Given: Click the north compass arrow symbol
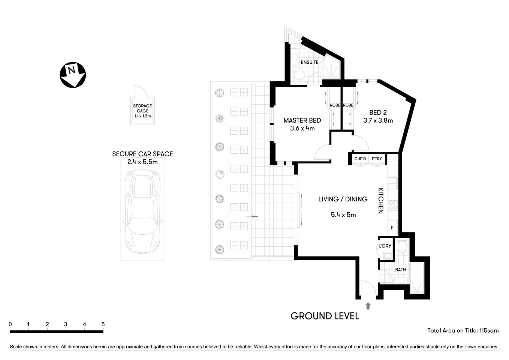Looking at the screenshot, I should [73, 75].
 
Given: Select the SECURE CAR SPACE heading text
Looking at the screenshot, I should [142, 154].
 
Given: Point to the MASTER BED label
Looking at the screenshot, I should [302, 120].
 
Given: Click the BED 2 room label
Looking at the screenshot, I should [378, 112].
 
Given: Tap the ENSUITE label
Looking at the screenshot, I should [310, 62].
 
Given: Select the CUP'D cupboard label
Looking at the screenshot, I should [360, 159].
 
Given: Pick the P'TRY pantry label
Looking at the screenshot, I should [377, 159].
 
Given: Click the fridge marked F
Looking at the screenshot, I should [392, 228].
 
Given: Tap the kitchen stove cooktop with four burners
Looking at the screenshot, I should [392, 205].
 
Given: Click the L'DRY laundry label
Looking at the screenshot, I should [385, 246].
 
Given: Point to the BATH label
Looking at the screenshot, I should [400, 270].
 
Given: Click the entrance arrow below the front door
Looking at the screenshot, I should [368, 306].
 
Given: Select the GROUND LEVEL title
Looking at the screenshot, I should [325, 316].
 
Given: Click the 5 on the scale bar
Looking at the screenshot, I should [103, 324].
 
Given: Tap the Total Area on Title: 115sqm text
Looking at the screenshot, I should [463, 330].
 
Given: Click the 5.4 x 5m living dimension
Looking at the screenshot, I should [343, 215].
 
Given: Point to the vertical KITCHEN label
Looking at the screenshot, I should [380, 201].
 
